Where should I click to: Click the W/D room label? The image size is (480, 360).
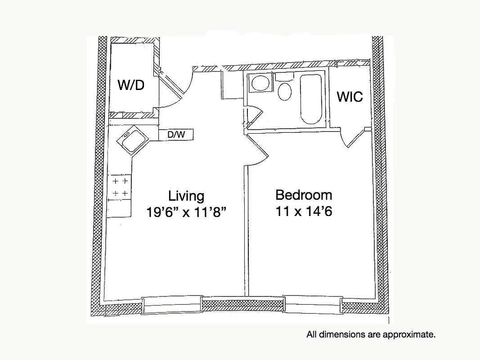[131, 85]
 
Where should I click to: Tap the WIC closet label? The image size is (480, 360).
[350, 97]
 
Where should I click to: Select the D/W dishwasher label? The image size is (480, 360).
[176, 134]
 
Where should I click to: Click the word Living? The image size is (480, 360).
[186, 196]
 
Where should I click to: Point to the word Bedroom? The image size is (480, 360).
[304, 195]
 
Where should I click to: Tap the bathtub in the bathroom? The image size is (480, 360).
[310, 99]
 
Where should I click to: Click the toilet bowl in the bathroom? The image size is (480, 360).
[284, 91]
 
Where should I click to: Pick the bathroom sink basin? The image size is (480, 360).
[260, 83]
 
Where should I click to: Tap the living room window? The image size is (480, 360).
[171, 305]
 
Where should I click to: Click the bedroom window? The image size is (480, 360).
[312, 305]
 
